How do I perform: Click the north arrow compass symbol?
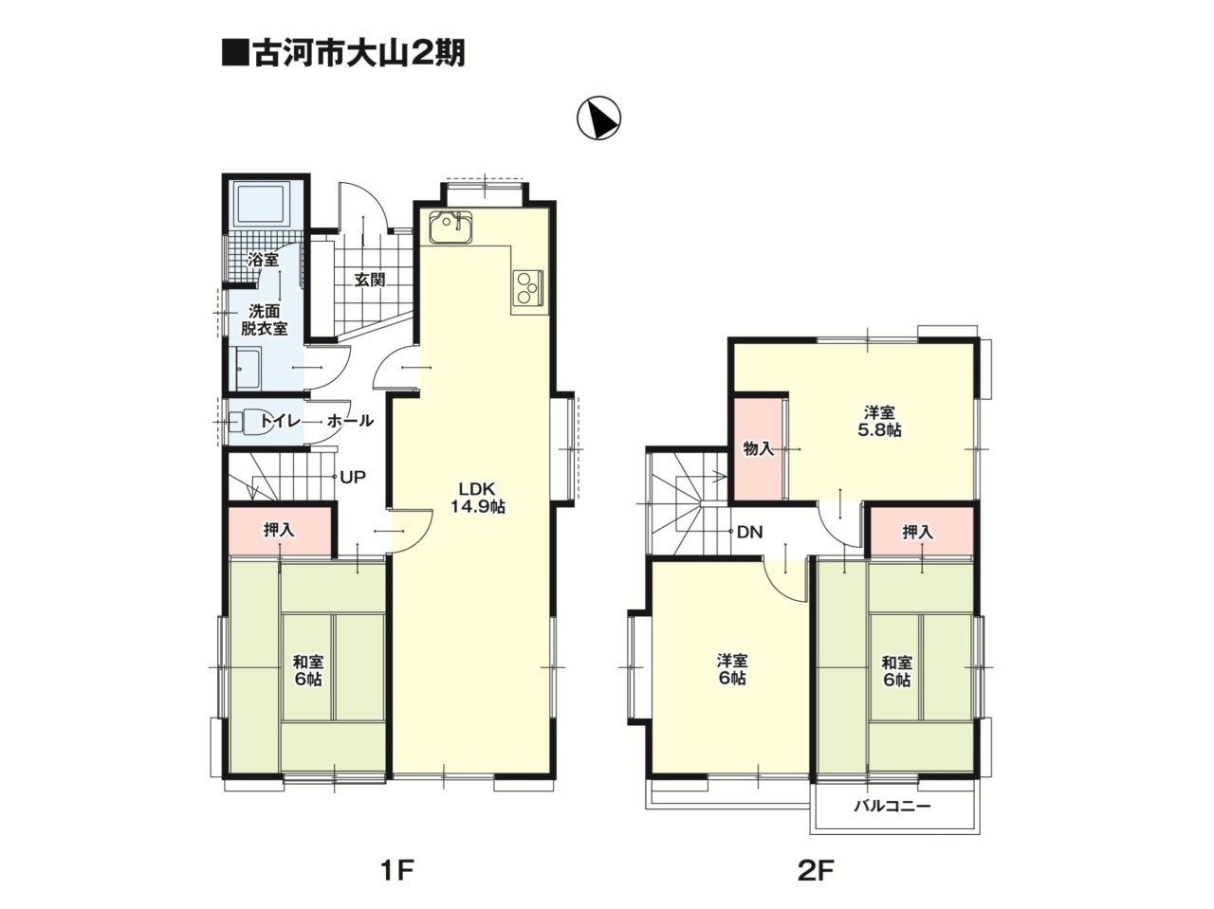[599, 118]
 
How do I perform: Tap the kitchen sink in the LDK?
[451, 227]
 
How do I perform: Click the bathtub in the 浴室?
[264, 205]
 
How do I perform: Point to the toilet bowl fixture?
[246, 422]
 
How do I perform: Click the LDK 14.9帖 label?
[478, 498]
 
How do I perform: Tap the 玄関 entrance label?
[370, 281]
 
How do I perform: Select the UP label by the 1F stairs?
[353, 477]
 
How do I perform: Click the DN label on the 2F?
[750, 532]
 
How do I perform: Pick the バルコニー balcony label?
[892, 807]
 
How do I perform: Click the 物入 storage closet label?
[758, 449]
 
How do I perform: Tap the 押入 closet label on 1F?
[279, 530]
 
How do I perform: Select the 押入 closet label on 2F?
[918, 532]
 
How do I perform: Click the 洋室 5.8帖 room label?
[879, 421]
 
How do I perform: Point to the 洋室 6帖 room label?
[732, 669]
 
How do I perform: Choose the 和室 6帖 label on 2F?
[896, 671]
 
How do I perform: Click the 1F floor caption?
[397, 870]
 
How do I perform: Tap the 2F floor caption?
[816, 870]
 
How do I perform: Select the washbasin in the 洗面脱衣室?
[248, 369]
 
